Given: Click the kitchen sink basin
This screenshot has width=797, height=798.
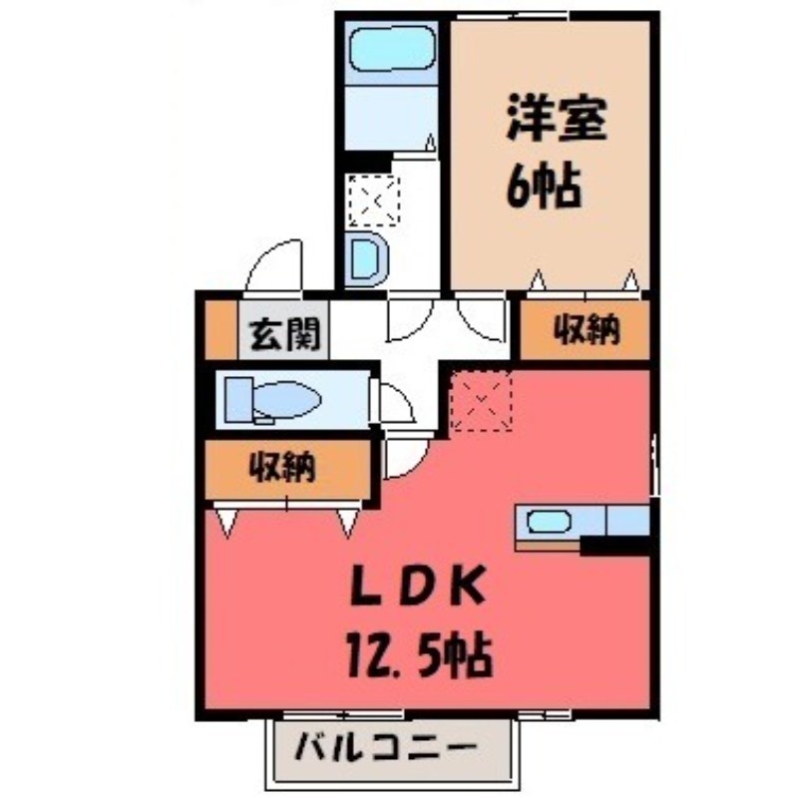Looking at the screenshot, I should tap(548, 522).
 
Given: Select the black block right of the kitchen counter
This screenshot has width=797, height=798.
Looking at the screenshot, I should tap(615, 545).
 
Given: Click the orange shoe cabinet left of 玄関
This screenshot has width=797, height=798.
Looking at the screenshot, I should tap(220, 329).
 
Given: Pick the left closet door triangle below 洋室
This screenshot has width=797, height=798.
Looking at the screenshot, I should tap(538, 281).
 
